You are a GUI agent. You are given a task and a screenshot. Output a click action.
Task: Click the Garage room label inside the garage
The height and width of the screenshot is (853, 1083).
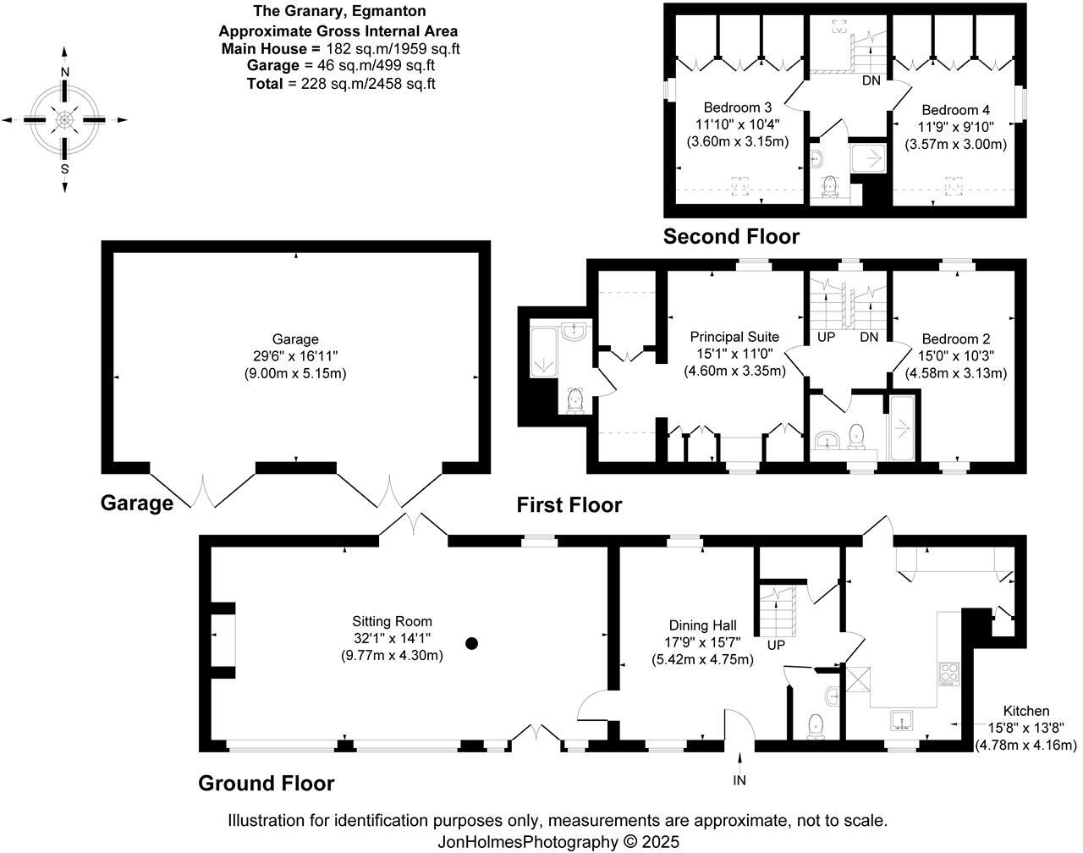(x=295, y=339)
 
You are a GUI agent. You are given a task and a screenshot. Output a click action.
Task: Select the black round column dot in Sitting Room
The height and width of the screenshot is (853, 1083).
(x=472, y=643)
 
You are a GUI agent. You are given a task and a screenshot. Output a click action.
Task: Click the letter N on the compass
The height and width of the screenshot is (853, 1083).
(x=65, y=74)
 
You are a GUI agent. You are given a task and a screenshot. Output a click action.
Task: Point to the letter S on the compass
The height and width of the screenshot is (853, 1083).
(x=65, y=168)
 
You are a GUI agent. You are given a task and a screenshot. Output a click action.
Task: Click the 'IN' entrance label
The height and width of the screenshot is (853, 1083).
(x=739, y=780)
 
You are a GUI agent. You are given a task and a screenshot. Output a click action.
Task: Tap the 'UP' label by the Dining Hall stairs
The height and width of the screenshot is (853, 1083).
(x=775, y=645)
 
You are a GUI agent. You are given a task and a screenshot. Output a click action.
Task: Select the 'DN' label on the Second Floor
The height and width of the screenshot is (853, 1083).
(x=871, y=81)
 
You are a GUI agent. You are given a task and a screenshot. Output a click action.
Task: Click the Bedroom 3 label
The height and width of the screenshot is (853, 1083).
(x=737, y=107)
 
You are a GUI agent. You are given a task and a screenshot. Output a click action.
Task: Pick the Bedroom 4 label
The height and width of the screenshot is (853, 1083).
(x=955, y=110)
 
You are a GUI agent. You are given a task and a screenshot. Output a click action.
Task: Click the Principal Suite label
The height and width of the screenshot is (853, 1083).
(x=734, y=337)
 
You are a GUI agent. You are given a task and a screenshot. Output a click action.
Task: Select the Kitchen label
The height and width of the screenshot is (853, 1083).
(x=1025, y=711)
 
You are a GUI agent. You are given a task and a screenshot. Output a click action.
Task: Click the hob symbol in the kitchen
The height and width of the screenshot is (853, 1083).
(x=948, y=674)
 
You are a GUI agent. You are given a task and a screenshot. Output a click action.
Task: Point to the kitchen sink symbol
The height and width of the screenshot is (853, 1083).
(x=902, y=720)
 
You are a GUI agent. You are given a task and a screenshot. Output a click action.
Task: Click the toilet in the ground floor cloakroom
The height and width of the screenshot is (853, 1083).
(x=816, y=725)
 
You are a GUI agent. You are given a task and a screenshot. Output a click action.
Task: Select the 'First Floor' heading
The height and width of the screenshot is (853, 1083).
(x=569, y=505)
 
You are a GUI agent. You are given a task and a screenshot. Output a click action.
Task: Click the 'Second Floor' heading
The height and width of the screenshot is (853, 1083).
(x=731, y=236)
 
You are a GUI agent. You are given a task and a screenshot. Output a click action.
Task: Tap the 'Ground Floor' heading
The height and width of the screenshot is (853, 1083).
(x=266, y=784)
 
